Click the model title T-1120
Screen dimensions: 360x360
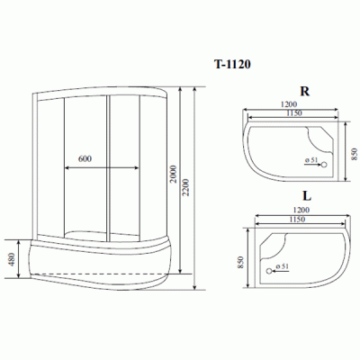tap(232, 64)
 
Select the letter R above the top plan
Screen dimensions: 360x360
tap(305, 91)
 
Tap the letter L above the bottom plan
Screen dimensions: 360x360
tap(307, 196)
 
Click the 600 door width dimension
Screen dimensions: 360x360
tap(85, 158)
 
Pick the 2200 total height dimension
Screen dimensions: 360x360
tap(186, 187)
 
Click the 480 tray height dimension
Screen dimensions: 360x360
tap(12, 259)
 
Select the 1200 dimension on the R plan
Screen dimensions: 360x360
tap(288, 104)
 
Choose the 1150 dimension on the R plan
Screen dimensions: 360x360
tap(293, 113)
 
